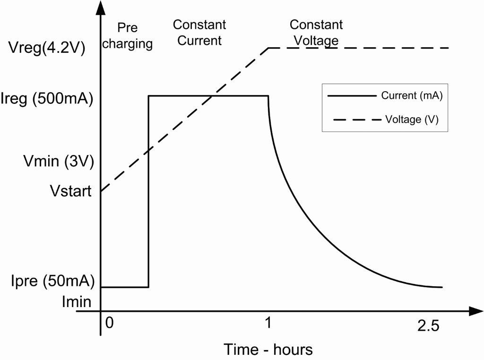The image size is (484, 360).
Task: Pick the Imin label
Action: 76,301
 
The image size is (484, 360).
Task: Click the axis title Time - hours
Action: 268,350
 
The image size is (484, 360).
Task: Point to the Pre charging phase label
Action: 128,37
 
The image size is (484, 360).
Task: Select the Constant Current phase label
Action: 199,32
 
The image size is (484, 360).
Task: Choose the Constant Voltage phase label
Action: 316,32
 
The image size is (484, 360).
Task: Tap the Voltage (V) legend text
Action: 411,120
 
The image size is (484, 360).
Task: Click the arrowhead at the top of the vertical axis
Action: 100,7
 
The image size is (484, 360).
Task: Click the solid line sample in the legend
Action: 350,96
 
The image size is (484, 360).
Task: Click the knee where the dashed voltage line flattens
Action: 268,48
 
